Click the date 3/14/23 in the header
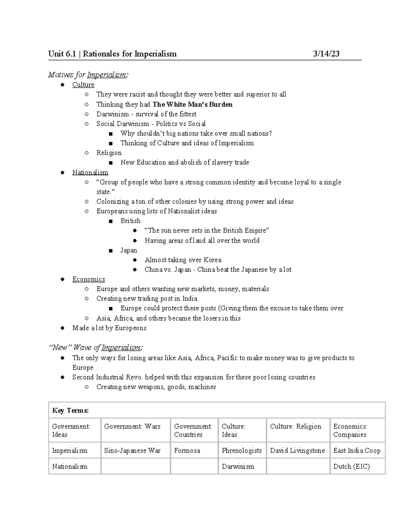tap(326, 54)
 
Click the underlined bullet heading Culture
tap(83, 84)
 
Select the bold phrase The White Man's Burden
tap(192, 104)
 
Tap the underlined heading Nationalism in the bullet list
tap(90, 172)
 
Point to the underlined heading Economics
tap(88, 279)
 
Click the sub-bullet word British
tap(130, 221)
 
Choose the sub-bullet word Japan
tap(128, 250)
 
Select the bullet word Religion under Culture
tap(109, 152)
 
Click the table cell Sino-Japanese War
tap(132, 451)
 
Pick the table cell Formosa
tap(187, 451)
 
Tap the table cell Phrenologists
tap(242, 451)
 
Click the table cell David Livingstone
tap(297, 451)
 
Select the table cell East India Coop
tap(357, 451)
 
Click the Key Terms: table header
tap(70, 411)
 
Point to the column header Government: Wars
tap(132, 426)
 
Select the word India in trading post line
tap(190, 298)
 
